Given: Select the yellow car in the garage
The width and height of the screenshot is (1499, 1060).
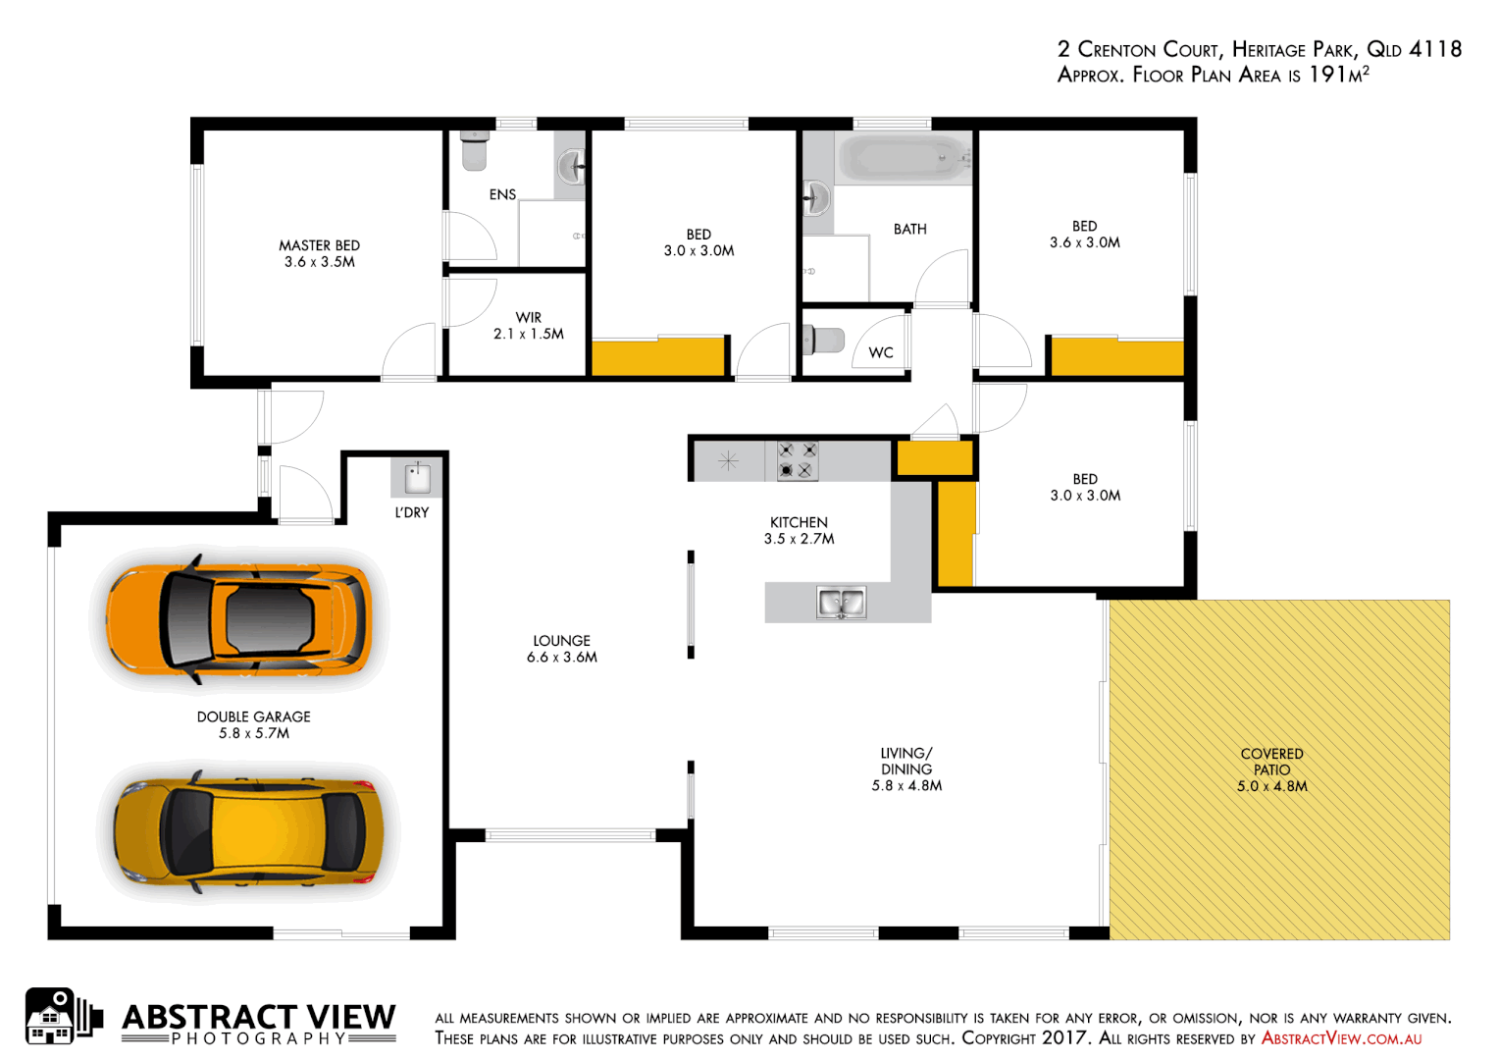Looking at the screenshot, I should point(246,831).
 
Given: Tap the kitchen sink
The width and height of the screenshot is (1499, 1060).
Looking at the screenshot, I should point(841,603).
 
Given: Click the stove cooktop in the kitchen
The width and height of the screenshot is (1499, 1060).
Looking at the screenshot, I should point(797,460).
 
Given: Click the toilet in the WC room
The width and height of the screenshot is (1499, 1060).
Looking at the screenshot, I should point(824,341).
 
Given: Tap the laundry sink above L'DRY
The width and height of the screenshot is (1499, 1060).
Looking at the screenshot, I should point(418,478).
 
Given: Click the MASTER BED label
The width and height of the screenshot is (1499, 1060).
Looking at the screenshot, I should point(319,253).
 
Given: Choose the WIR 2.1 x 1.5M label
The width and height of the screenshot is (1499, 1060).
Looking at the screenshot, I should point(529,326).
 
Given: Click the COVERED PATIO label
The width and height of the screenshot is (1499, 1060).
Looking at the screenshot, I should point(1271,769).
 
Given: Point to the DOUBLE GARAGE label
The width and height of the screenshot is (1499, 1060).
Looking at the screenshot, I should point(254,724).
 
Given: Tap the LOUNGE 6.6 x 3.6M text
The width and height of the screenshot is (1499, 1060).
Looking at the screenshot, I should point(562,649).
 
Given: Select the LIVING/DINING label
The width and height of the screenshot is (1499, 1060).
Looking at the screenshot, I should point(906,769).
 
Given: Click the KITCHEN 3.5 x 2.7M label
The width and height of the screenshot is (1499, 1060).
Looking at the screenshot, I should point(799,530).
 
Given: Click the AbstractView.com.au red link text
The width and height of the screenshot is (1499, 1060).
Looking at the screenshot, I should point(1341,1038).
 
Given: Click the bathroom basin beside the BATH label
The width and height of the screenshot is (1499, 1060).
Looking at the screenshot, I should point(816,199).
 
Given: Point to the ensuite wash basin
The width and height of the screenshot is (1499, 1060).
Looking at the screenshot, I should point(572,167).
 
